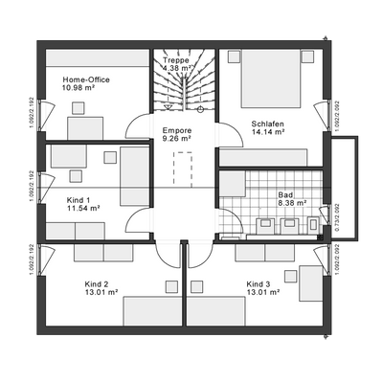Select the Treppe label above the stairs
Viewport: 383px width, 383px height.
tap(176, 60)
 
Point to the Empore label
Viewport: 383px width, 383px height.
tap(175, 130)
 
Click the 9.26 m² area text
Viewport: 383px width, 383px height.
tap(177, 139)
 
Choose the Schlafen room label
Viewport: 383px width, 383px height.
tap(268, 124)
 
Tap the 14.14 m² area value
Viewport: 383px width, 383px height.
tap(269, 133)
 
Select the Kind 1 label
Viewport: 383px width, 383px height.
tap(79, 199)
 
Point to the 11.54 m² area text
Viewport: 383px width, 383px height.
tap(83, 208)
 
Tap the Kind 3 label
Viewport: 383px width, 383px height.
tap(259, 284)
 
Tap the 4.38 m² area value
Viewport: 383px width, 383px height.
tap(177, 69)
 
